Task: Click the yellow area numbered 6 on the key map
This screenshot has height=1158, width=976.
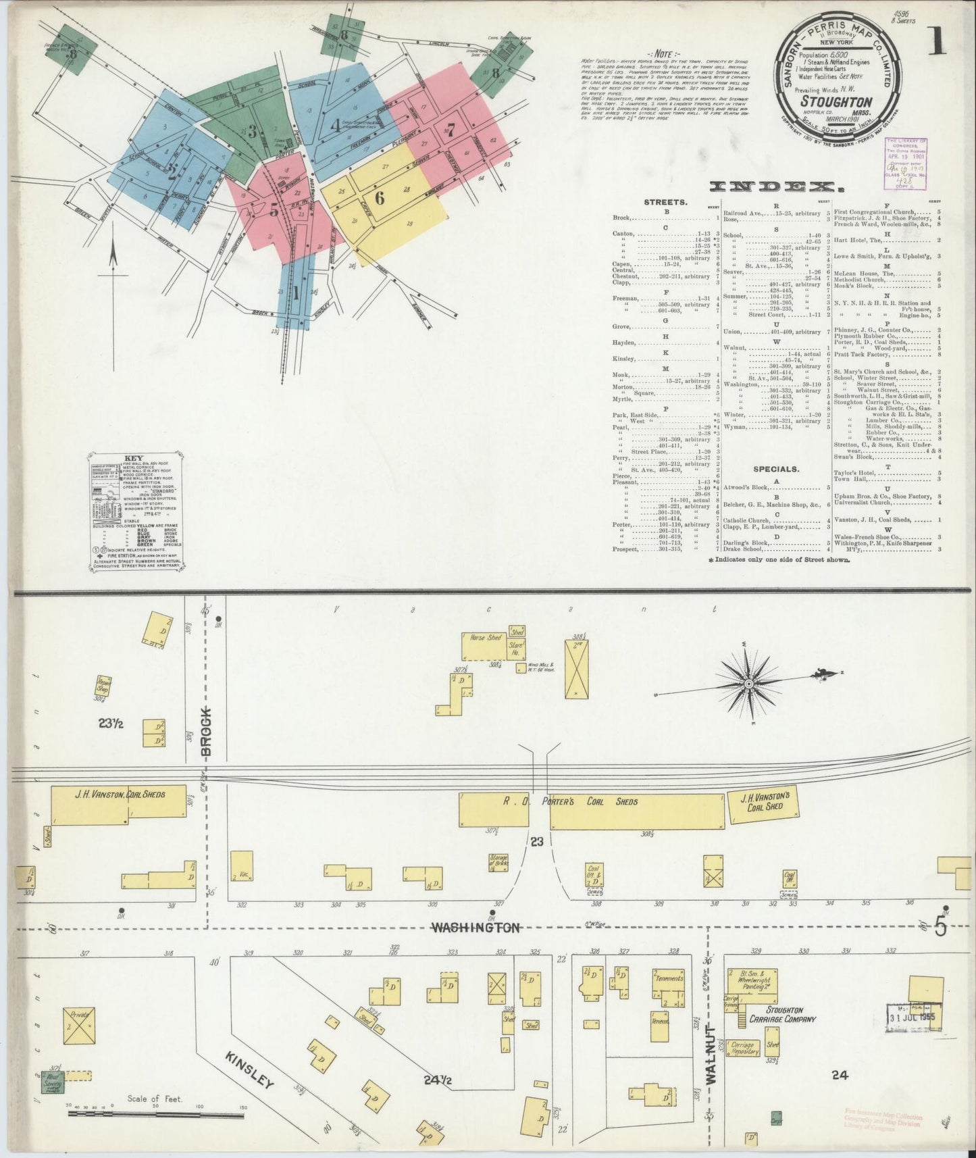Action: point(380,198)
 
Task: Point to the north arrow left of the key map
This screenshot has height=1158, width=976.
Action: point(113,262)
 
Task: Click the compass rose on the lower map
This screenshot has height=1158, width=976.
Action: point(748,684)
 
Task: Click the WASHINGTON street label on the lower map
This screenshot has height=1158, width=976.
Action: point(476,928)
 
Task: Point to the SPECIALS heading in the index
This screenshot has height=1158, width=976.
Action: point(775,468)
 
